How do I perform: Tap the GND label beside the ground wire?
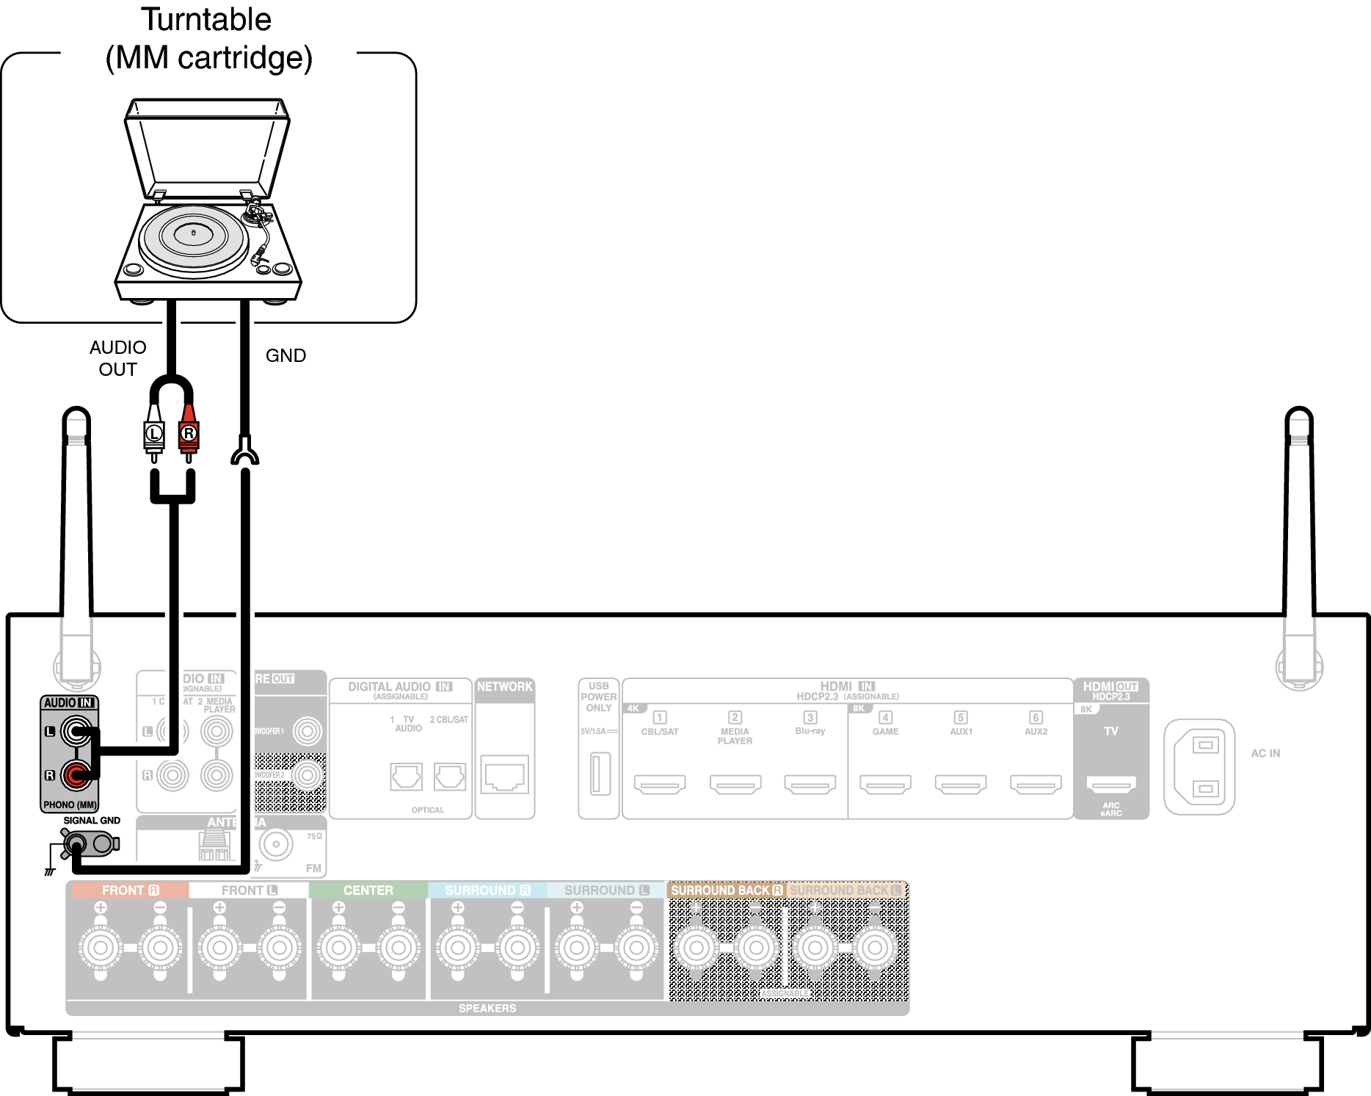click(286, 355)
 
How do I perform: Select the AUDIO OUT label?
click(117, 358)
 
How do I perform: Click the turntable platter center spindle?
click(194, 233)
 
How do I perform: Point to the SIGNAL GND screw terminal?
click(76, 844)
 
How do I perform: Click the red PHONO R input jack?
click(76, 774)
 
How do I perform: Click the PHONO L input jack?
click(76, 731)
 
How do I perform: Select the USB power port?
click(600, 773)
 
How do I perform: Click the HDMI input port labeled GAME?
click(885, 784)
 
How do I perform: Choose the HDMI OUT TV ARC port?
click(1110, 784)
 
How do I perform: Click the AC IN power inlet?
click(1199, 767)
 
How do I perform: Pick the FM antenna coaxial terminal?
click(276, 845)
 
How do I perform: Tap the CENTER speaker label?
click(368, 890)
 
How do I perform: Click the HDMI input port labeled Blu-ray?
click(810, 784)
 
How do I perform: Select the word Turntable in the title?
click(206, 20)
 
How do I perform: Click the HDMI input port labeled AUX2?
click(1036, 784)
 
